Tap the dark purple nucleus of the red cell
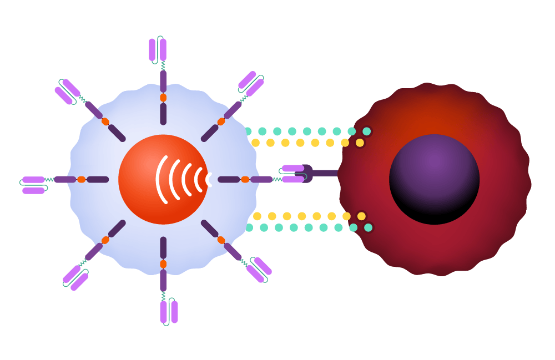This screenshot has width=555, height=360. [434, 179]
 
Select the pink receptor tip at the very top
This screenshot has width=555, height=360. [158, 49]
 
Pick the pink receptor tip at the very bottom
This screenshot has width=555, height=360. [169, 312]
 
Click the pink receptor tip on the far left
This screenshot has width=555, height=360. [33, 185]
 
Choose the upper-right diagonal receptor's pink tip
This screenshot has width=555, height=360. [251, 83]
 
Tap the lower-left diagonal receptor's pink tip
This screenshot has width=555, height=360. [75, 278]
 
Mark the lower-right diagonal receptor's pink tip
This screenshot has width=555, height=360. [259, 270]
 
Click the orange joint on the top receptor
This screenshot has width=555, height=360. [163, 98]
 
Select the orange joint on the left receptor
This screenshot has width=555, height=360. [82, 179]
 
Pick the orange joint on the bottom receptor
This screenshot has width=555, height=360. [163, 264]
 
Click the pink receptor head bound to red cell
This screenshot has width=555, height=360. [293, 174]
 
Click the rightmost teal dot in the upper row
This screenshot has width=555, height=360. [366, 131]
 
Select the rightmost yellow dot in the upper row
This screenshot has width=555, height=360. [360, 143]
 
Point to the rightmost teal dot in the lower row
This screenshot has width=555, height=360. [368, 227]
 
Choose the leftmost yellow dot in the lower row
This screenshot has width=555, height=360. [257, 216]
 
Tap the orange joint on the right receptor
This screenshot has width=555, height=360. [245, 179]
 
